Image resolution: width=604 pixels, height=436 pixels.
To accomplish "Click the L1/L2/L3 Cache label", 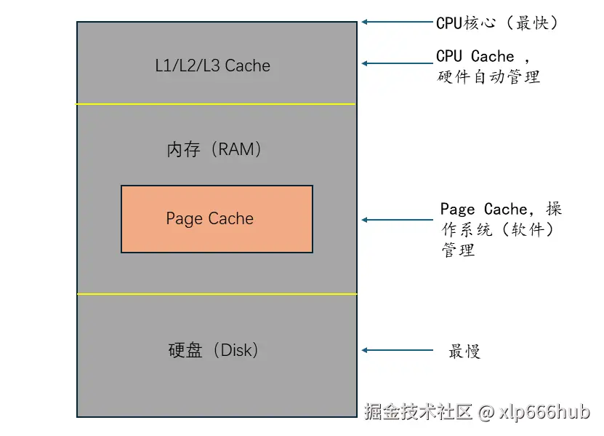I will click(x=212, y=66).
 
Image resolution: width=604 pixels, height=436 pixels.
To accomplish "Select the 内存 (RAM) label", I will click(x=214, y=150).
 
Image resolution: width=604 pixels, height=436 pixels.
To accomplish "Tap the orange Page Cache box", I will click(x=217, y=218).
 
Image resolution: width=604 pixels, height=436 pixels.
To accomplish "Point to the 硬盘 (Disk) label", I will click(x=213, y=350).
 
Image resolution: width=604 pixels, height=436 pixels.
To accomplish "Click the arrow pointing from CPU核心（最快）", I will click(x=396, y=22).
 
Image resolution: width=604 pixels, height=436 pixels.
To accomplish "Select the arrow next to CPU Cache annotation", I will click(x=396, y=63).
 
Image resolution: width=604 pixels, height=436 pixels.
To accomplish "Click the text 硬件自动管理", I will click(x=488, y=76).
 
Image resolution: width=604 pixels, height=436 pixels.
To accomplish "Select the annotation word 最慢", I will click(x=464, y=352).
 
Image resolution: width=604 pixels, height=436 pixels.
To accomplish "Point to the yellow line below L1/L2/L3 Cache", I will click(x=216, y=104).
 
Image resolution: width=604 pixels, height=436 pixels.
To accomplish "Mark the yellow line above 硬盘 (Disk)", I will click(x=216, y=294).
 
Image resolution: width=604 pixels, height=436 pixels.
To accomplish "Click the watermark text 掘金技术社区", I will click(x=419, y=413).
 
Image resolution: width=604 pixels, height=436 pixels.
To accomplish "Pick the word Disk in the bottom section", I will click(x=235, y=350).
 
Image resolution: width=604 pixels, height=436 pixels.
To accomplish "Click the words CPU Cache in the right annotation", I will click(x=475, y=57).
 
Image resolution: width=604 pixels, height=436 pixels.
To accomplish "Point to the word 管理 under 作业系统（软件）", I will click(x=458, y=250).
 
